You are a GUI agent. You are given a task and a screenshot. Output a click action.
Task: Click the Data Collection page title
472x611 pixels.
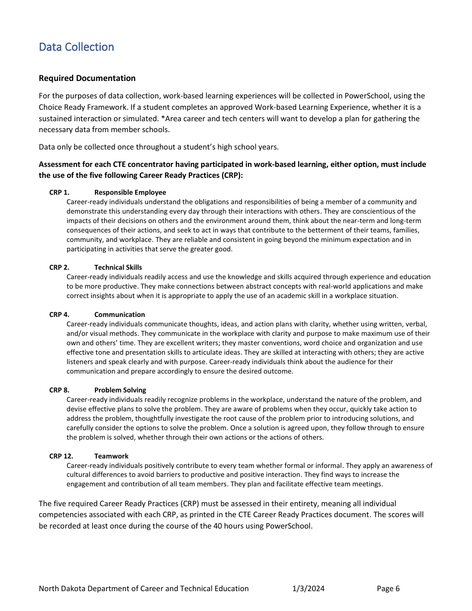pos(77,47)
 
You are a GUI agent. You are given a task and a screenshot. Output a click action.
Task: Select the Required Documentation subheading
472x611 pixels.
pos(87,78)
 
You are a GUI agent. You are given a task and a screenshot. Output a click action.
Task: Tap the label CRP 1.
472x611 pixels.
pos(59,192)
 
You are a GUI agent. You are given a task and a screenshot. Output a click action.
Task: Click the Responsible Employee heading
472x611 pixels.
pos(130,192)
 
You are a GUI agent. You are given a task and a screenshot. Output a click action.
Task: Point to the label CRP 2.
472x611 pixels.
pos(59,267)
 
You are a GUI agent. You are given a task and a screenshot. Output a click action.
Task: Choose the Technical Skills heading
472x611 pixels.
pos(118,267)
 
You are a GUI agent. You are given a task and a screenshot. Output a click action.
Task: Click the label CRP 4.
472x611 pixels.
pos(59,314)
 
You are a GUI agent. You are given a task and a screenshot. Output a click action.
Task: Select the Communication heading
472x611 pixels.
pos(120,314)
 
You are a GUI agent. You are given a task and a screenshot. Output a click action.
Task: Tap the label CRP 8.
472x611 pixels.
pos(59,390)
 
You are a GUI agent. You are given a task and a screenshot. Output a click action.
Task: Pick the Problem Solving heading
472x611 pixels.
pos(120,390)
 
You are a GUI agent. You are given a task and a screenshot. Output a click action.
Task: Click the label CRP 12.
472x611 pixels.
pos(61,456)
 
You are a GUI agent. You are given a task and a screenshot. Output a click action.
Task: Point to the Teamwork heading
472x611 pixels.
pos(111,456)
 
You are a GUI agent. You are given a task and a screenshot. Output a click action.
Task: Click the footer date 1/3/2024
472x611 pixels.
pos(309,589)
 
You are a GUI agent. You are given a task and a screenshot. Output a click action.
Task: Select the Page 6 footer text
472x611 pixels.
pos(388,589)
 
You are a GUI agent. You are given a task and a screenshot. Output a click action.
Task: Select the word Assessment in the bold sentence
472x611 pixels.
pos(59,164)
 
